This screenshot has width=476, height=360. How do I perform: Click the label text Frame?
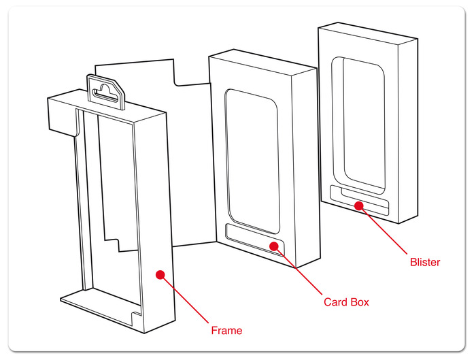click(226, 331)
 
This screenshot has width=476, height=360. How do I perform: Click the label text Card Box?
click(346, 301)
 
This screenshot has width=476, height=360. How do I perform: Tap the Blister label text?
click(425, 262)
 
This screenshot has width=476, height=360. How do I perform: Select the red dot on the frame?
click(160, 274)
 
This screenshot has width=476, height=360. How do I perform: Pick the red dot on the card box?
click(273, 246)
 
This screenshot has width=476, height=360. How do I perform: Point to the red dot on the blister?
click(359, 204)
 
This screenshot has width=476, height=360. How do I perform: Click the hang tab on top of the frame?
click(108, 91)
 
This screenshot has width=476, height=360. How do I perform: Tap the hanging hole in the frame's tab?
click(106, 88)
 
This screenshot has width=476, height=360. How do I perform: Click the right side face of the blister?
click(407, 129)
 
